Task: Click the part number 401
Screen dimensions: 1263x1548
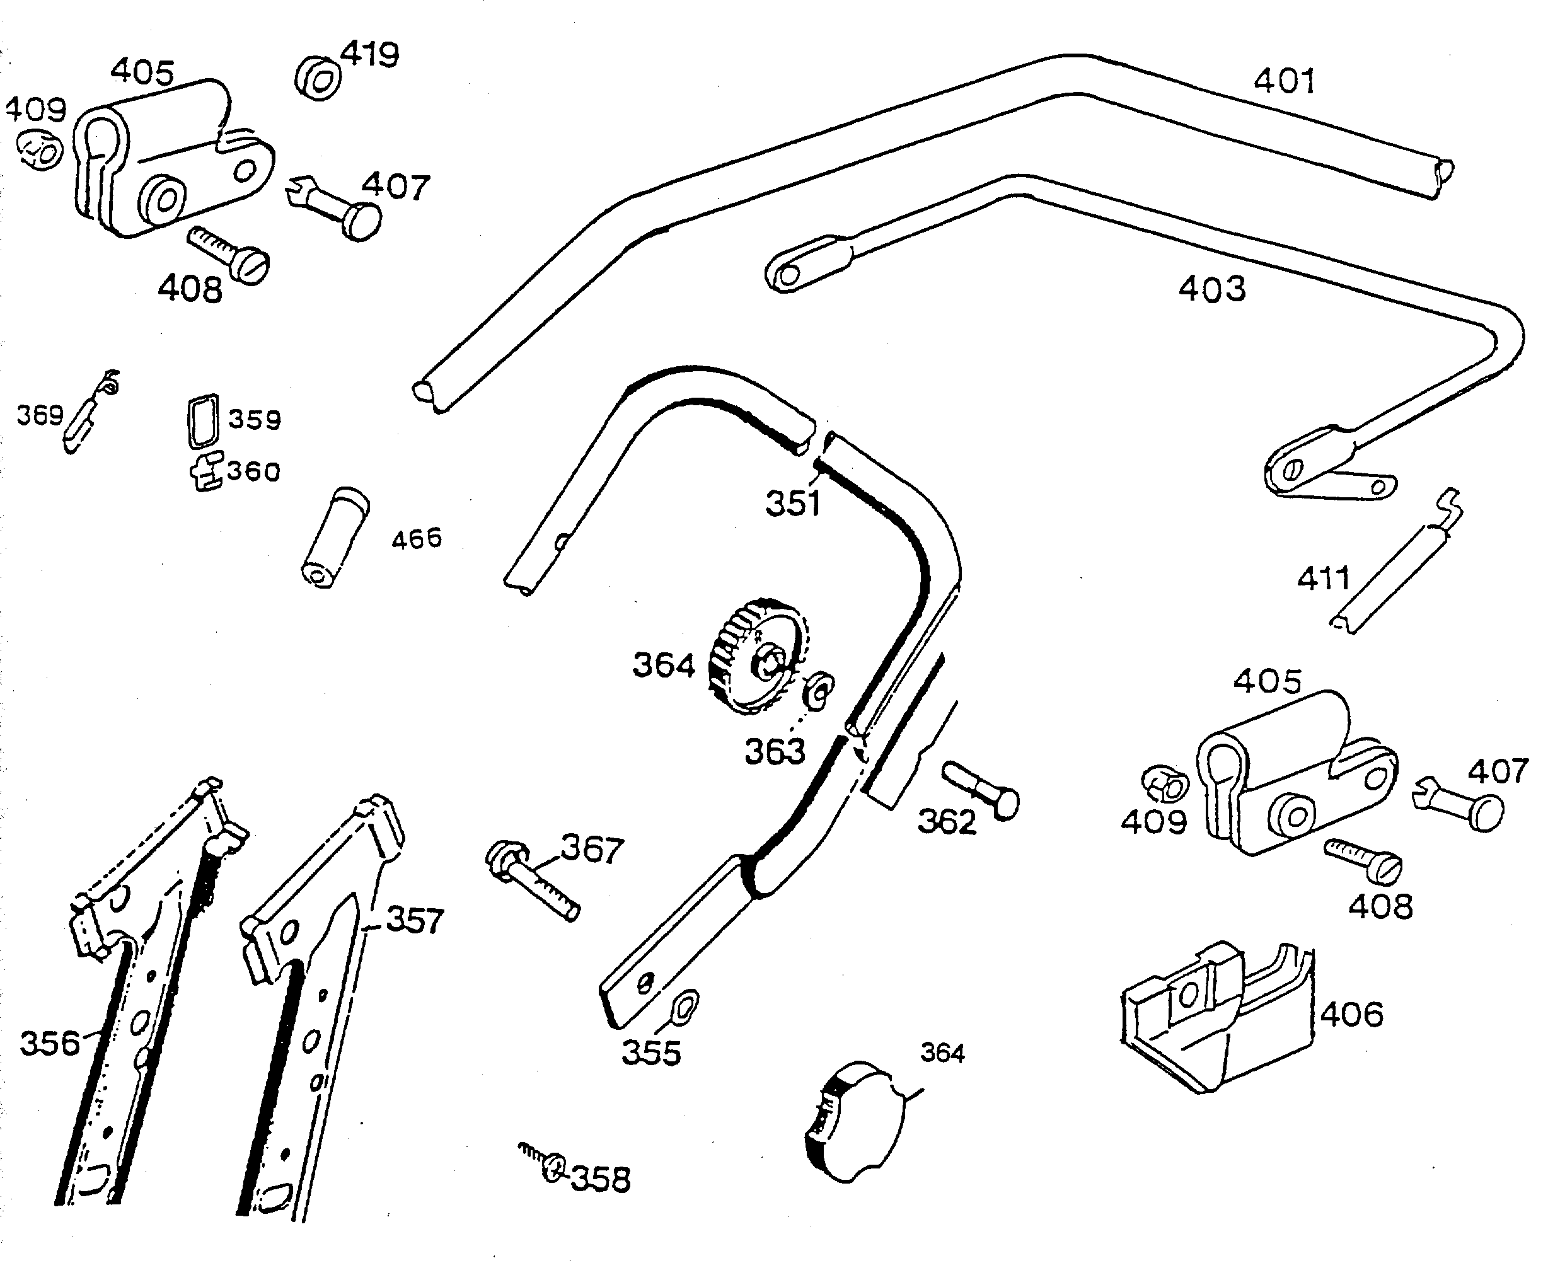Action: pos(1284,81)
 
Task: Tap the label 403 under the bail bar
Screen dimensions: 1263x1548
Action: pos(1211,289)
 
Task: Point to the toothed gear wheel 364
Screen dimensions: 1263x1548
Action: pos(756,657)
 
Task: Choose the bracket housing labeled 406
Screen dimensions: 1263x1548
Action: pos(1215,1018)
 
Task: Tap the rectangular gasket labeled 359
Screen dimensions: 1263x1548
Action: pos(202,420)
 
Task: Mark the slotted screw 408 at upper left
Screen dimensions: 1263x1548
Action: pos(231,255)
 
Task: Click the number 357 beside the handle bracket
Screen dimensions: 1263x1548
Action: pos(414,921)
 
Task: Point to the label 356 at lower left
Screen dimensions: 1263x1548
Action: pos(49,1043)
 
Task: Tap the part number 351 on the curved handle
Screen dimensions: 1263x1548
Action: pos(792,504)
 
